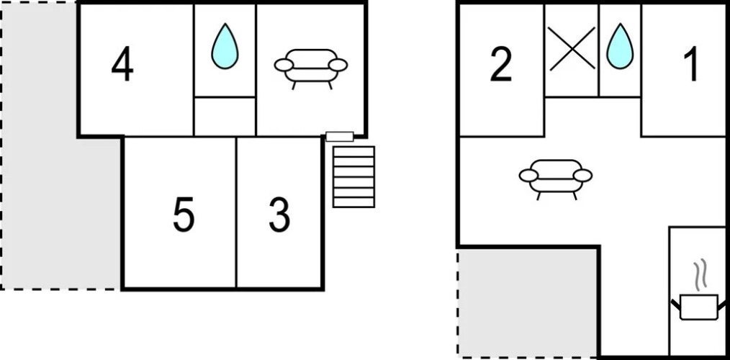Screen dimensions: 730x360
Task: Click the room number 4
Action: [x=122, y=66]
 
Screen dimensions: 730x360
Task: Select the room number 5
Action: [x=184, y=215]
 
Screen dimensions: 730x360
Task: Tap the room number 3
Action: [x=279, y=215]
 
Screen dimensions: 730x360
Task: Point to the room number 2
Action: [x=501, y=65]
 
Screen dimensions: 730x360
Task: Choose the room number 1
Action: [x=692, y=65]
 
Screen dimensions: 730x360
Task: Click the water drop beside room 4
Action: [x=225, y=46]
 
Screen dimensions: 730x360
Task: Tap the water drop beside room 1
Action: [x=620, y=46]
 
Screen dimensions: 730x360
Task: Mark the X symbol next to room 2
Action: [x=572, y=49]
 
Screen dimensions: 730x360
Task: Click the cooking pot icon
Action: [x=699, y=307]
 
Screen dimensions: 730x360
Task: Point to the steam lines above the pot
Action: [x=700, y=275]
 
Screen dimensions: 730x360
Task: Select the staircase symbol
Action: [x=353, y=177]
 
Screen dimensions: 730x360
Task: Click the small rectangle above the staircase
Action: [x=340, y=137]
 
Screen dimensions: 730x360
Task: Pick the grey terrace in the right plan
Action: [x=528, y=302]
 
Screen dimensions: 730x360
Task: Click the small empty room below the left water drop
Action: [x=225, y=117]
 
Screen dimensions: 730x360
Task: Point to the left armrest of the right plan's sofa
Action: [x=528, y=176]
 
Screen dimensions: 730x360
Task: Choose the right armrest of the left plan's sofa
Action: [x=338, y=66]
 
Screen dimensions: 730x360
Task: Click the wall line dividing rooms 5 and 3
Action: [x=236, y=212]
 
